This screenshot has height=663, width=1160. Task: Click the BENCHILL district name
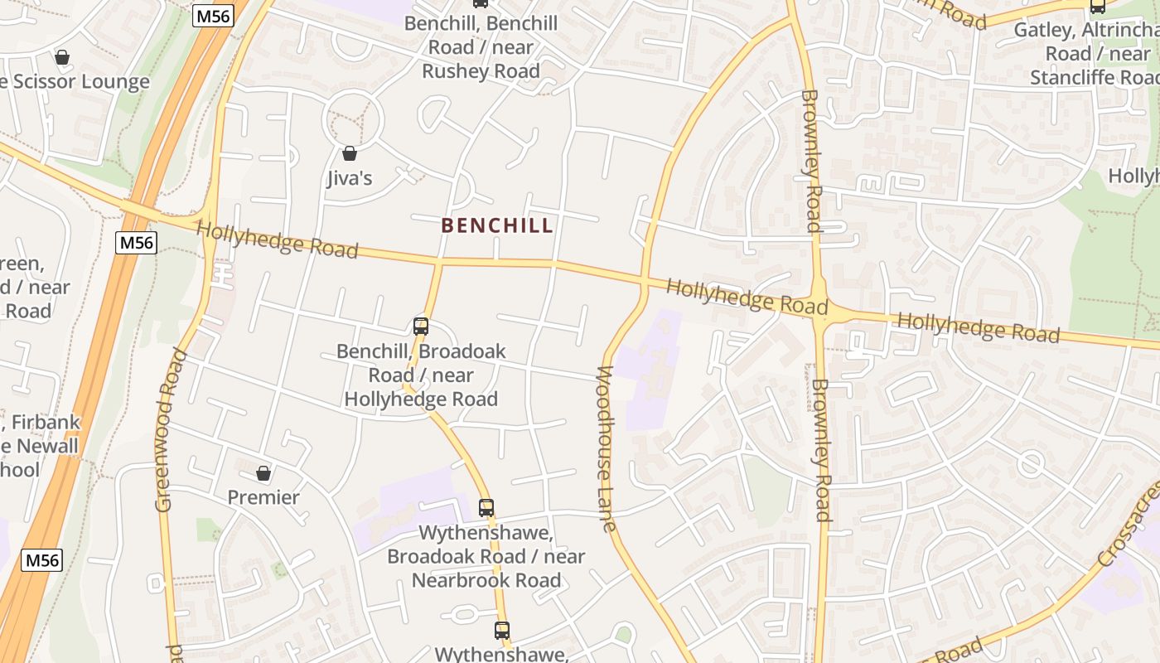[x=497, y=225]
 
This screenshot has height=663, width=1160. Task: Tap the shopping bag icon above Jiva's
[x=350, y=153]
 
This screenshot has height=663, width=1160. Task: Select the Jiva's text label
[x=350, y=178]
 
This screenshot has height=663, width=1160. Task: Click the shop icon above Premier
[x=263, y=473]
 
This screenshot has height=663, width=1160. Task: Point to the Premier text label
[x=263, y=497]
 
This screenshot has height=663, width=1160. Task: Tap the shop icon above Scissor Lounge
[x=61, y=57]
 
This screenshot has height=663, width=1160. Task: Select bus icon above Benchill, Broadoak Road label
[x=421, y=327]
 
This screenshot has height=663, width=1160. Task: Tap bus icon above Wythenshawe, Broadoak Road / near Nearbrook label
[x=486, y=507]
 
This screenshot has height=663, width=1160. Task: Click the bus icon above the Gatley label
[x=1098, y=7]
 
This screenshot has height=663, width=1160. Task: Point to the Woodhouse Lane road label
[x=605, y=448]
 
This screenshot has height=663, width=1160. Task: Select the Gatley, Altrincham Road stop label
[x=1085, y=54]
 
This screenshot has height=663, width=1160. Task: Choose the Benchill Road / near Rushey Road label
[x=481, y=47]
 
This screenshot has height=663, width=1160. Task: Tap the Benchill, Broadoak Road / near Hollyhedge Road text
[x=421, y=375]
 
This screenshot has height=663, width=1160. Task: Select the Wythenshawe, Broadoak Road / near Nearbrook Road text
[x=486, y=556]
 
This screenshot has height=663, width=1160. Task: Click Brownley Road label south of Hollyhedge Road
[x=820, y=450]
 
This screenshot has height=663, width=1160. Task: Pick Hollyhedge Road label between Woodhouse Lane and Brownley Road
[x=747, y=297]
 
